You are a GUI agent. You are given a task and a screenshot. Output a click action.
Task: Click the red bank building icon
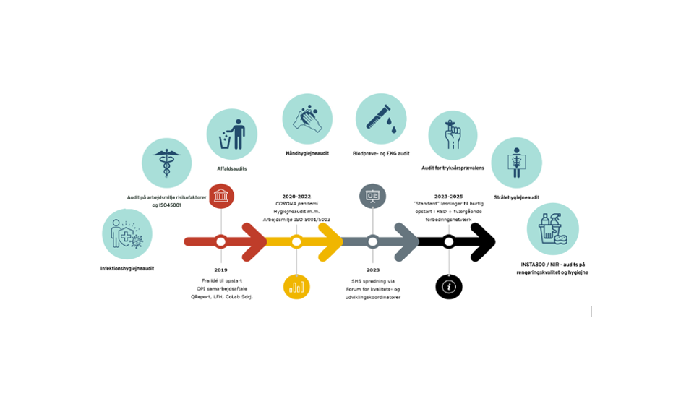pyautogui.click(x=221, y=197)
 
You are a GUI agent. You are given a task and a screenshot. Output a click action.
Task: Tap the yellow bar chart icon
pyautogui.click(x=296, y=286)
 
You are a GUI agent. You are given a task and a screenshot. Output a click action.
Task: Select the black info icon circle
pyautogui.click(x=449, y=286)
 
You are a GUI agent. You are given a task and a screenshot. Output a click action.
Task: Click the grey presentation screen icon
pyautogui.click(x=373, y=196)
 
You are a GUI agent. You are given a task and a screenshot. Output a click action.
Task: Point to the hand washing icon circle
pyautogui.click(x=307, y=119)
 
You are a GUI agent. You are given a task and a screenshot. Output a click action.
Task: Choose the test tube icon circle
pyautogui.click(x=381, y=119)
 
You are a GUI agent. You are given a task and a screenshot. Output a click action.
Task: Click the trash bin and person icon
pyautogui.click(x=232, y=134)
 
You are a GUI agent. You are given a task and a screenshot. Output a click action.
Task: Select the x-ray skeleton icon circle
pyautogui.click(x=516, y=163)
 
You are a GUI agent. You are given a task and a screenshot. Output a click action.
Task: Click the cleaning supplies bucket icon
pyautogui.click(x=553, y=228)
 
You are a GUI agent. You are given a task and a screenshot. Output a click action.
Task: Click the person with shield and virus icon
pyautogui.click(x=127, y=233)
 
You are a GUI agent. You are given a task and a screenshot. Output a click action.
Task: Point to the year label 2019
pyautogui.click(x=220, y=270)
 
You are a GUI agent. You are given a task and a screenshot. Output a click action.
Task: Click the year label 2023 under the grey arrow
pyautogui.click(x=372, y=270)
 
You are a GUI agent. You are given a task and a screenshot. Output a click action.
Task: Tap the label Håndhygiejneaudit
pyautogui.click(x=307, y=153)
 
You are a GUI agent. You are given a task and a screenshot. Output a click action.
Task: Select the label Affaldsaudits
pyautogui.click(x=232, y=168)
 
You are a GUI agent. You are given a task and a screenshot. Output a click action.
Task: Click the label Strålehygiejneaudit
pyautogui.click(x=517, y=197)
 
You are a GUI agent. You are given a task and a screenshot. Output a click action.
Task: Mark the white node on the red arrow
pyautogui.click(x=221, y=241)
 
